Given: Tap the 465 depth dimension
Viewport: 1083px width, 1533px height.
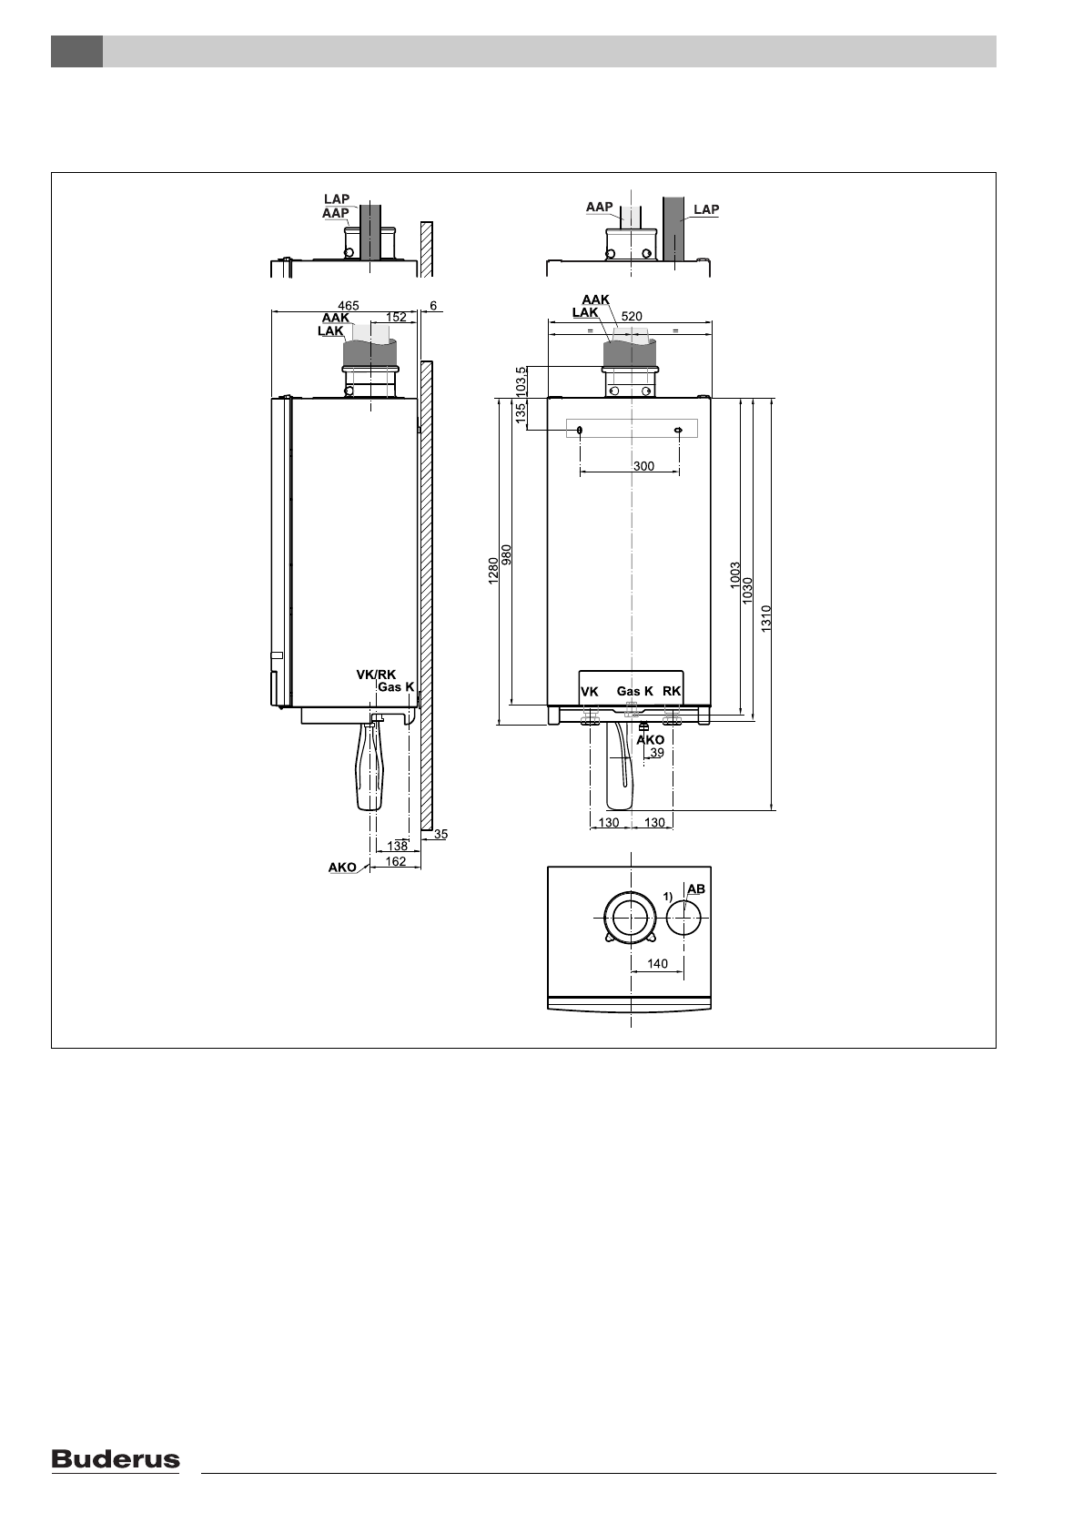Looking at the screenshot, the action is [x=349, y=306].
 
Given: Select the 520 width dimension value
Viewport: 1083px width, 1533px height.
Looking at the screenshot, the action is [x=632, y=316].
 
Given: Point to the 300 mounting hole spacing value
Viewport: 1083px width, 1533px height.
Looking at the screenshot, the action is [x=643, y=466].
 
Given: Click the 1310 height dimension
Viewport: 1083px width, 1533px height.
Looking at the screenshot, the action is [x=766, y=618].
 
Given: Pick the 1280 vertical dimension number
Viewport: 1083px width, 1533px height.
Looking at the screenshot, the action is [x=493, y=571].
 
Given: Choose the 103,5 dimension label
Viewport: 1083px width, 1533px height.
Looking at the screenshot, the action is [x=521, y=381].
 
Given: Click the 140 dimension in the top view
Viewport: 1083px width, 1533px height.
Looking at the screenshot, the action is [x=657, y=964].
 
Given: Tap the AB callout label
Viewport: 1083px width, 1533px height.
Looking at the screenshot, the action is [x=696, y=889].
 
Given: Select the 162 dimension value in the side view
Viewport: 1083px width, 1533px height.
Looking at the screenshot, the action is [x=396, y=861].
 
